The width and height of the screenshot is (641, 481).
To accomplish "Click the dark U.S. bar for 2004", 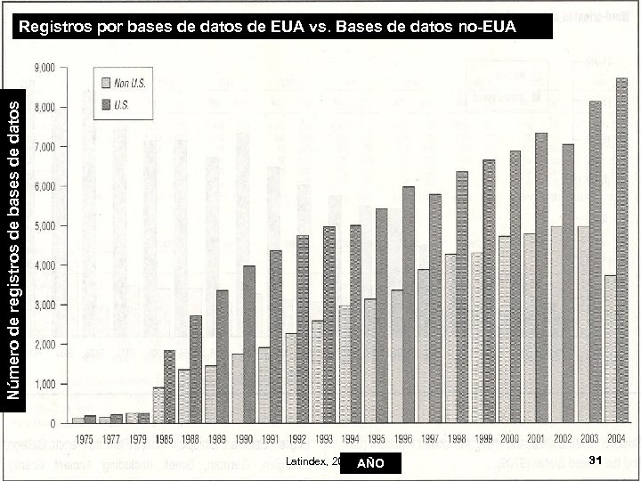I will click(621, 249).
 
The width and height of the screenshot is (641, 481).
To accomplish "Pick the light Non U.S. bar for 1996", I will click(396, 356).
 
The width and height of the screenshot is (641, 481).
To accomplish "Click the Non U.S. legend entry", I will click(129, 83).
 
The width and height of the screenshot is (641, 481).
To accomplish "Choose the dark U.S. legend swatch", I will click(105, 103).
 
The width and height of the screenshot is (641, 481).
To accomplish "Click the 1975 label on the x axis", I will click(85, 438).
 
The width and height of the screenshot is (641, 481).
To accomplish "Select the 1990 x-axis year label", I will click(243, 438).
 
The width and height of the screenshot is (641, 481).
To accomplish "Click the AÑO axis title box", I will click(371, 463).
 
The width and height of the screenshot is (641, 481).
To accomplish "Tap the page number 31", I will click(596, 459).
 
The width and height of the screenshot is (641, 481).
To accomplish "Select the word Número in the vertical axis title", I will click(12, 373).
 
